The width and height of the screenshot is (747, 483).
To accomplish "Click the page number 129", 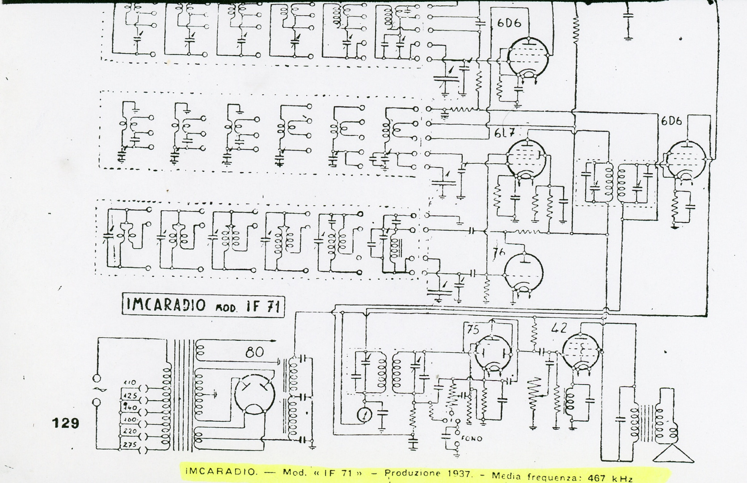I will coord(66,423).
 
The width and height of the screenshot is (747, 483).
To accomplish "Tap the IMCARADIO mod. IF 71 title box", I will coord(203,305).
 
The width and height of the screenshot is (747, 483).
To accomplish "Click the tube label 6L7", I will coord(505,133).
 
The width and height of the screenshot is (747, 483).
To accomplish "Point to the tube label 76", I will coord(498,253).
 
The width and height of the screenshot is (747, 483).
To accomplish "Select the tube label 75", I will coord(473,330).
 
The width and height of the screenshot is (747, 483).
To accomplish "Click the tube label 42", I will coord(559,328).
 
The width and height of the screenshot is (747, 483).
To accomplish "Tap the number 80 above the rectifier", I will coord(254,352).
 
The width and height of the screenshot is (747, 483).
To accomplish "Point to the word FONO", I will coord(473,439).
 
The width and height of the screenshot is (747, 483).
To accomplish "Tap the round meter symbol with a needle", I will coord(365,415).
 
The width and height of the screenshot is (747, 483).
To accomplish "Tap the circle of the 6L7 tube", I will coord(528,159).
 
